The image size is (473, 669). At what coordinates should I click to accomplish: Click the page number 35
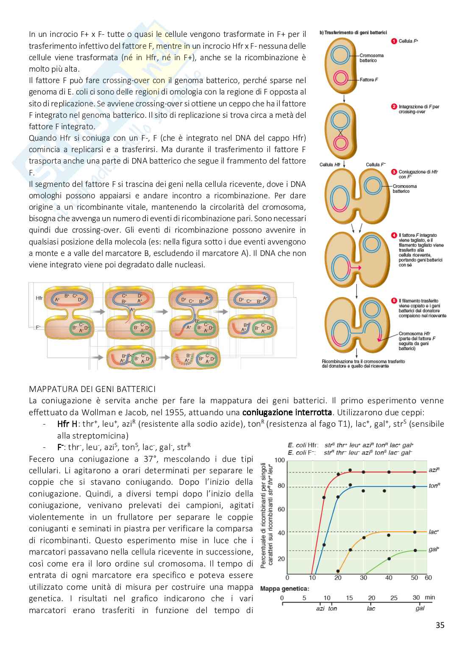click(x=440, y=625)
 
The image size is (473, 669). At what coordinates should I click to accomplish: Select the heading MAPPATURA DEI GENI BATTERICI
click(x=92, y=389)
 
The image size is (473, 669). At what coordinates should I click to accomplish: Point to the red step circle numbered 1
click(x=394, y=41)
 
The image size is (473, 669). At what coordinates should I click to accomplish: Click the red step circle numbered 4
click(x=394, y=235)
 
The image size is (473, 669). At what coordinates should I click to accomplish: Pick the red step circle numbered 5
click(x=394, y=300)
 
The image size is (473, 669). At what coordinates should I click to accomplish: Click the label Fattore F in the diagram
click(x=369, y=80)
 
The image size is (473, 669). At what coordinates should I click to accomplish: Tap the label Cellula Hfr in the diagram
click(x=330, y=164)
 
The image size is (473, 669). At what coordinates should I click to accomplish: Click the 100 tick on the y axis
click(x=280, y=460)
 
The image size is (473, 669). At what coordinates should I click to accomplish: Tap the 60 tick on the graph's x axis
click(x=428, y=577)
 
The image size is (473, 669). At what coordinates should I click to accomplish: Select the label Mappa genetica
click(x=284, y=588)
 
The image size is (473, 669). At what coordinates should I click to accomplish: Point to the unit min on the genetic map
click(x=430, y=597)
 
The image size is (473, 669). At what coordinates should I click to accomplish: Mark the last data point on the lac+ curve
click(x=415, y=532)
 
